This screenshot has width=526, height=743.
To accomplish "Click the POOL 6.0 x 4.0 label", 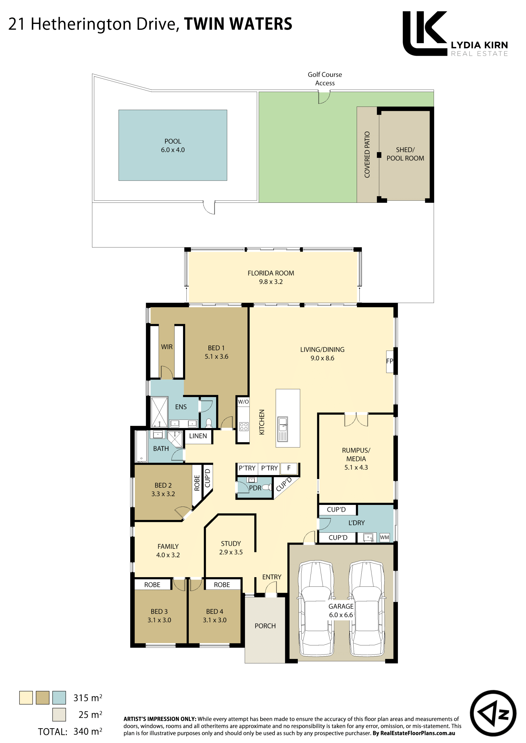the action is [173, 145].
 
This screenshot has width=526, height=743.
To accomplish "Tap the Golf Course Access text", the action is [325, 79].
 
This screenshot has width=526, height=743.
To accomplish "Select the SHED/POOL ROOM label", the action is [405, 154].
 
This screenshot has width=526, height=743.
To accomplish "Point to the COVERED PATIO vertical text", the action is [367, 154].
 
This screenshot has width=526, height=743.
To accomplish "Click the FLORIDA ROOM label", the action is [271, 277].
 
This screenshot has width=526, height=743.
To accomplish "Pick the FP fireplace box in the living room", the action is [390, 362].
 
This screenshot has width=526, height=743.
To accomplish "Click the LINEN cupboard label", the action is [198, 436].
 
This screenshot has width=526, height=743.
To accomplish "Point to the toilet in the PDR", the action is [266, 487].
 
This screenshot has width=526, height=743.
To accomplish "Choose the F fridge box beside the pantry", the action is [289, 468].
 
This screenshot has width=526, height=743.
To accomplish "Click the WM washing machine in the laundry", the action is [384, 537].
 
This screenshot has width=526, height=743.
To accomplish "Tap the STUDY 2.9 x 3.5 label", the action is [231, 548].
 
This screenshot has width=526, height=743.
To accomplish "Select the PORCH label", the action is [265, 626].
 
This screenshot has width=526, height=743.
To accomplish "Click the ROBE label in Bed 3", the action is [152, 585].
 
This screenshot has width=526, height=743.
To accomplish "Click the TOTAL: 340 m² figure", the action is [70, 731].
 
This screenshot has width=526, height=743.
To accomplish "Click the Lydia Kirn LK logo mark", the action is [425, 33].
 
